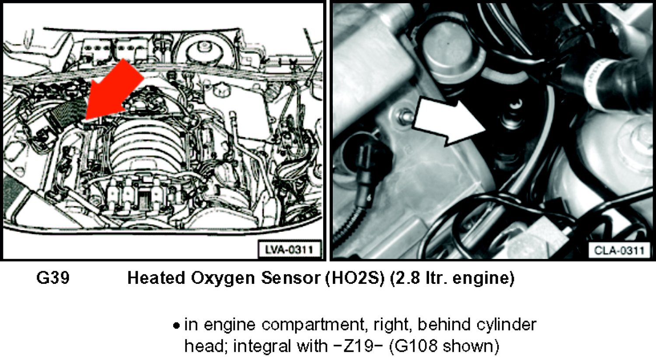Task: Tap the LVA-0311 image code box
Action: [x=290, y=250]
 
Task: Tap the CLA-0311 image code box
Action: [x=619, y=251]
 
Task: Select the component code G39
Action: [x=53, y=278]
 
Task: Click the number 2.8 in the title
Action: [x=405, y=278]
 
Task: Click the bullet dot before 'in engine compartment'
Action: [x=176, y=326]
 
